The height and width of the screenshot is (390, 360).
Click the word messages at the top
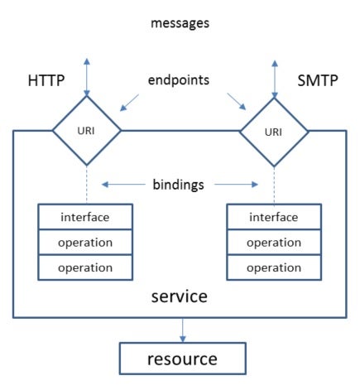tap(180, 23)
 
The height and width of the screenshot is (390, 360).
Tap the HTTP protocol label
tap(46, 80)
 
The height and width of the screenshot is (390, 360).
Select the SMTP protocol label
tap(318, 80)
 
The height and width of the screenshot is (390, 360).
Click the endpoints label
tap(179, 80)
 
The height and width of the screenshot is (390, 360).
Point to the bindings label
tap(178, 185)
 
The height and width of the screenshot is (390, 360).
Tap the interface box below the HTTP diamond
tap(85, 217)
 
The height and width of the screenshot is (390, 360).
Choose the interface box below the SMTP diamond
tap(274, 217)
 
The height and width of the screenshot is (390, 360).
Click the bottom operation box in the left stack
tap(85, 267)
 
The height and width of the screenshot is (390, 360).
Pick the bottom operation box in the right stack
tap(274, 267)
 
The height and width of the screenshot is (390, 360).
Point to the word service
tap(180, 296)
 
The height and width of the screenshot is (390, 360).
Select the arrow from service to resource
tap(183, 330)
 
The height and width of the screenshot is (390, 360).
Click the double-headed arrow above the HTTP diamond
tap(87, 77)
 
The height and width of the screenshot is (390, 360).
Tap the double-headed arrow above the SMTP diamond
tap(275, 79)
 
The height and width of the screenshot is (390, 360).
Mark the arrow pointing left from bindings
tap(123, 184)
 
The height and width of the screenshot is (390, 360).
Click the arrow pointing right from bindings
tap(236, 184)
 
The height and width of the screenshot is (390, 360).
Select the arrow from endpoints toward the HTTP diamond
tap(129, 103)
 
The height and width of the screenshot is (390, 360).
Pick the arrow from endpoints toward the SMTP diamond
tap(237, 102)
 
